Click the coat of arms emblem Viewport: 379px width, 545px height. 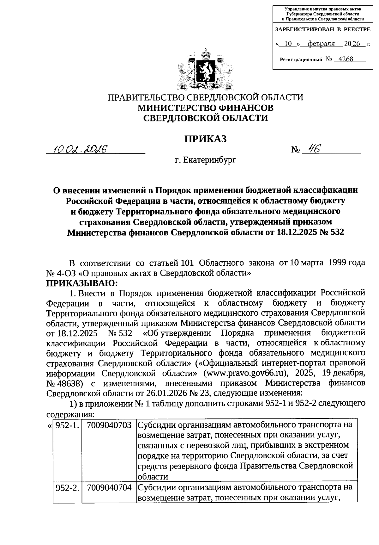(206, 69)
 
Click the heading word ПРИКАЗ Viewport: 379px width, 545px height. (206, 139)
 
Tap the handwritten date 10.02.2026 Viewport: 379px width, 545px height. (81, 148)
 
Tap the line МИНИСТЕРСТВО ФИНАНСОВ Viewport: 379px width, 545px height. (206, 108)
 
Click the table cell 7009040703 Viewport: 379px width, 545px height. (109, 425)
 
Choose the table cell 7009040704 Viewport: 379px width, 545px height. (109, 487)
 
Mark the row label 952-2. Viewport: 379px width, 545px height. (67, 487)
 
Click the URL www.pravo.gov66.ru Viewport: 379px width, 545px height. (245, 373)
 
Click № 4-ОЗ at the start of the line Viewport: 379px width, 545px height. (60, 273)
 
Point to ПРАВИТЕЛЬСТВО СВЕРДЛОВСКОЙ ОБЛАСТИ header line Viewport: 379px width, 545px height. (206, 97)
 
